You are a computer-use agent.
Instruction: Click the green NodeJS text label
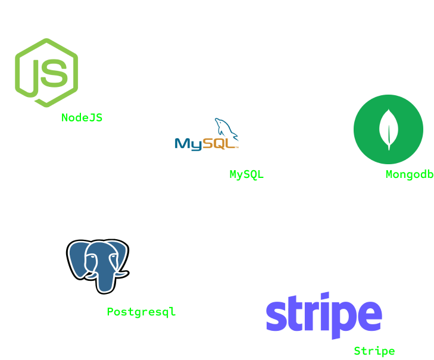(82, 118)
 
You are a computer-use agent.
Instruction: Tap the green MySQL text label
(246, 174)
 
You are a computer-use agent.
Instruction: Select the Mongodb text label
(409, 174)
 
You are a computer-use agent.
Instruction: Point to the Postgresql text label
(141, 312)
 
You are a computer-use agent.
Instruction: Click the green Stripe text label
(374, 351)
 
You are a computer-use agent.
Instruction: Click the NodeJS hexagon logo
(46, 73)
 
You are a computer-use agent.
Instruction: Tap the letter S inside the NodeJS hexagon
(55, 72)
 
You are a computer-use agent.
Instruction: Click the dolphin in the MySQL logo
(225, 128)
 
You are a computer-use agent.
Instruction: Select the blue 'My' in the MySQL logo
(188, 144)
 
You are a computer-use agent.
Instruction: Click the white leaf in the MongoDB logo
(388, 129)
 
